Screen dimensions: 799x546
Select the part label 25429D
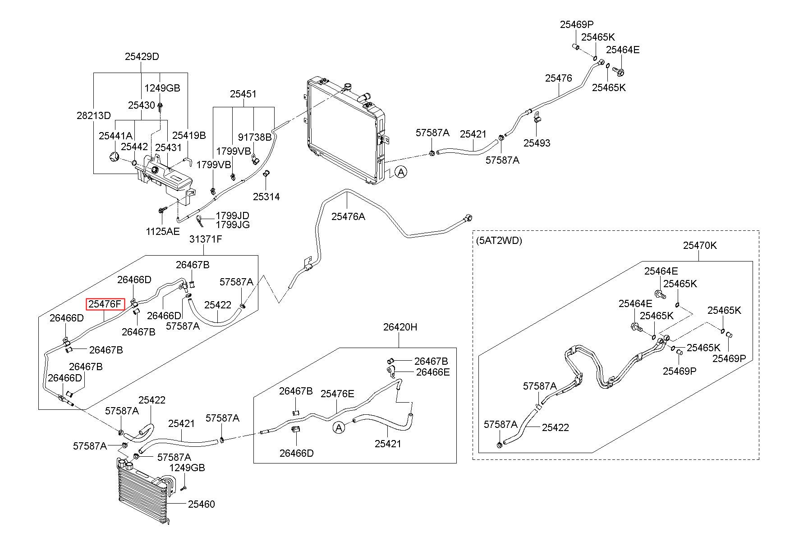[142, 57]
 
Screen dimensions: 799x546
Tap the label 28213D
[93, 116]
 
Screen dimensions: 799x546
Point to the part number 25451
[243, 94]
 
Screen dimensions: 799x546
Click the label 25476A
[348, 216]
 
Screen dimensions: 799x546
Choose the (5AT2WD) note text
[499, 241]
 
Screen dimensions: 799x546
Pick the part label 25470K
[700, 246]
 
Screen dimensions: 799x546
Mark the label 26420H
[400, 327]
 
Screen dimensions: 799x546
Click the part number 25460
[202, 504]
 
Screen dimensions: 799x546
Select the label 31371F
[206, 239]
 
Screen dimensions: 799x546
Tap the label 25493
[537, 143]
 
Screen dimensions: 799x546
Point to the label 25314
[266, 197]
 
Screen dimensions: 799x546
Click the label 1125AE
[163, 232]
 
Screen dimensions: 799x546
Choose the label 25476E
[337, 394]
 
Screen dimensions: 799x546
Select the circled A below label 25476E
[339, 427]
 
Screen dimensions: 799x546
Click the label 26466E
[433, 372]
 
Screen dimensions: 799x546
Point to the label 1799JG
[233, 225]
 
